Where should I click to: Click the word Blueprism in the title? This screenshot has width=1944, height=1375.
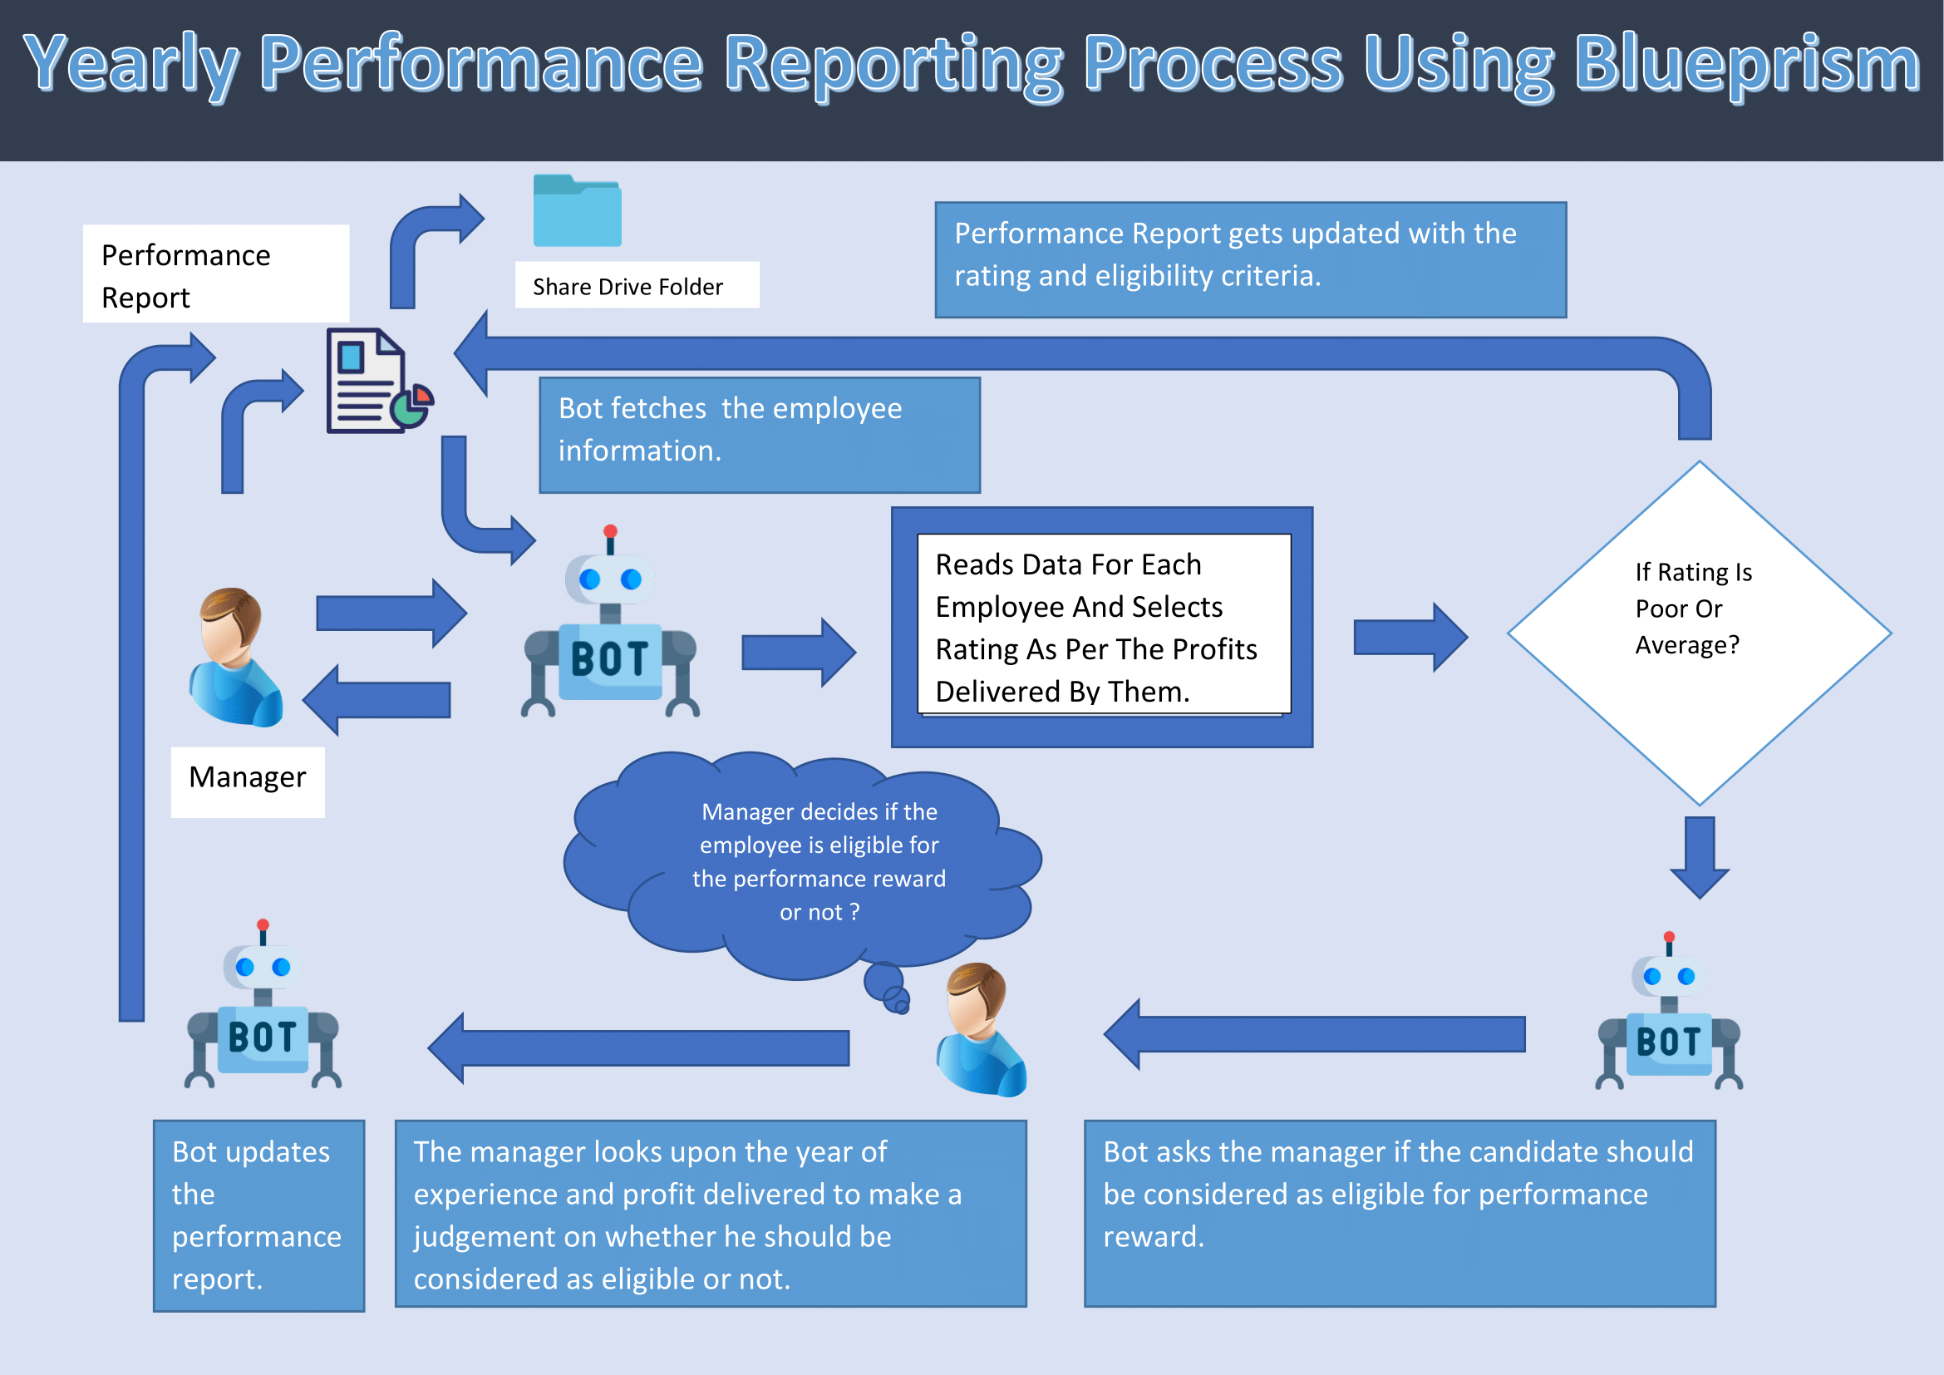1746,64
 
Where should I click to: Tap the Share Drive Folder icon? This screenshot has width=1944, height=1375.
578,211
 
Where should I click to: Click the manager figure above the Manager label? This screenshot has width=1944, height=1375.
234,657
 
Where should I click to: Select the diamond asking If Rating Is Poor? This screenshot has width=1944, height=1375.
1699,633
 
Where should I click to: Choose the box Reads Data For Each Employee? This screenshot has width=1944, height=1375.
1102,628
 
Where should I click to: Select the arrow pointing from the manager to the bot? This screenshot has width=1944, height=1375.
391,613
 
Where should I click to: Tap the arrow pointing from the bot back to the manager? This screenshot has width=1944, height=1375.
377,699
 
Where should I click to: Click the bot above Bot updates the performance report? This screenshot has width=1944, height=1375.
263,1008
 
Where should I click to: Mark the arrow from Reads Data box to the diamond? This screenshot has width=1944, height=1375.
1409,638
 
